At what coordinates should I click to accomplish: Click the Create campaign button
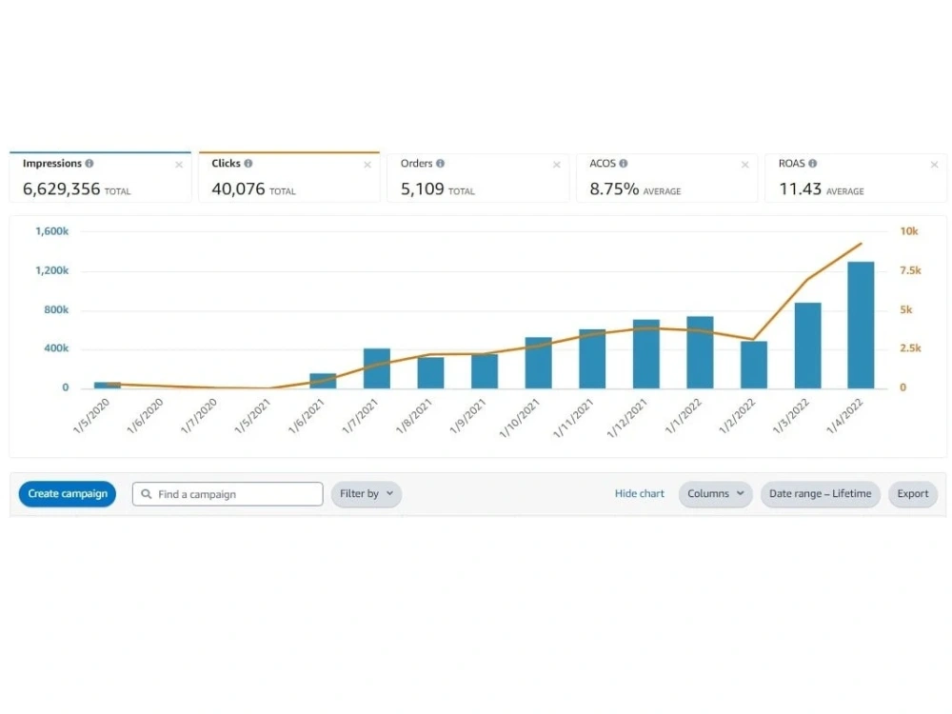tap(68, 493)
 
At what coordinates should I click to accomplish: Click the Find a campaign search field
tap(228, 494)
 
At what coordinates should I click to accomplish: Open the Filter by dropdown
tap(367, 493)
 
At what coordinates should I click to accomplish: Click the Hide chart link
tap(640, 493)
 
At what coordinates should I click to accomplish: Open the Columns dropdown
tap(715, 493)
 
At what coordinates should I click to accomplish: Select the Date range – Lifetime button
tap(821, 493)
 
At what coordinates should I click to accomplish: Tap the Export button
tap(913, 493)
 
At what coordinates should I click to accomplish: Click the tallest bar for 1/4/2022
tap(861, 325)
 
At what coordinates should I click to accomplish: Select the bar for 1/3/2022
tap(807, 346)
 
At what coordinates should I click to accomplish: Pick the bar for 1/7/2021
tap(376, 368)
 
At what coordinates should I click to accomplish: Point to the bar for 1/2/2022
tap(753, 365)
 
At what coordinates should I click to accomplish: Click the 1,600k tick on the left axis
tap(51, 231)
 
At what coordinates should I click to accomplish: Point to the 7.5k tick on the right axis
tap(910, 270)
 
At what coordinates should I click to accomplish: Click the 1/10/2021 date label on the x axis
tap(519, 418)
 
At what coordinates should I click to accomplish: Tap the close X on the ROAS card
tap(935, 165)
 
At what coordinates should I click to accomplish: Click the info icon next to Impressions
tap(89, 164)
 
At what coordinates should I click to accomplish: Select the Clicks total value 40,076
tap(238, 188)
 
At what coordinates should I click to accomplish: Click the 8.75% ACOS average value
tap(614, 188)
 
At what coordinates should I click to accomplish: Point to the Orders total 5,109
tap(422, 188)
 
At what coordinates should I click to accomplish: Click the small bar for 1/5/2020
tap(108, 385)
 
